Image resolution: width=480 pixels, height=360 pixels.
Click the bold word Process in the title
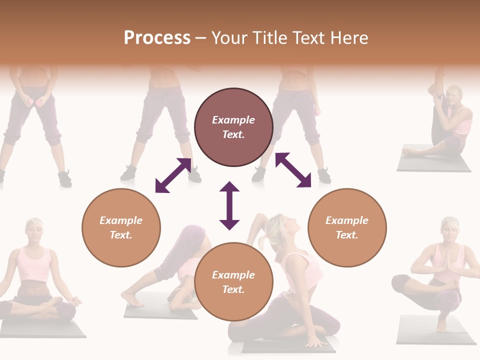[157, 38]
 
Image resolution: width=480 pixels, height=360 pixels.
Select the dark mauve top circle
[233, 127]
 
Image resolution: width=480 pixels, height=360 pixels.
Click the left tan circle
[121, 227]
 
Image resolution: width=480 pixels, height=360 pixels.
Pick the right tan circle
[347, 227]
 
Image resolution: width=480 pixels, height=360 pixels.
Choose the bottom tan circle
[233, 282]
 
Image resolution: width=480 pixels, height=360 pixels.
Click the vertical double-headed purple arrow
[229, 205]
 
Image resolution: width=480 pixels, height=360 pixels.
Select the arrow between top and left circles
[173, 175]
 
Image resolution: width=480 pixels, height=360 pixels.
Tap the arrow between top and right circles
[293, 170]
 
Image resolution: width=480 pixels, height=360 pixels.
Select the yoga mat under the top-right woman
[433, 164]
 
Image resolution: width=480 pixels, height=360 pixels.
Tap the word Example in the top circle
[233, 120]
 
